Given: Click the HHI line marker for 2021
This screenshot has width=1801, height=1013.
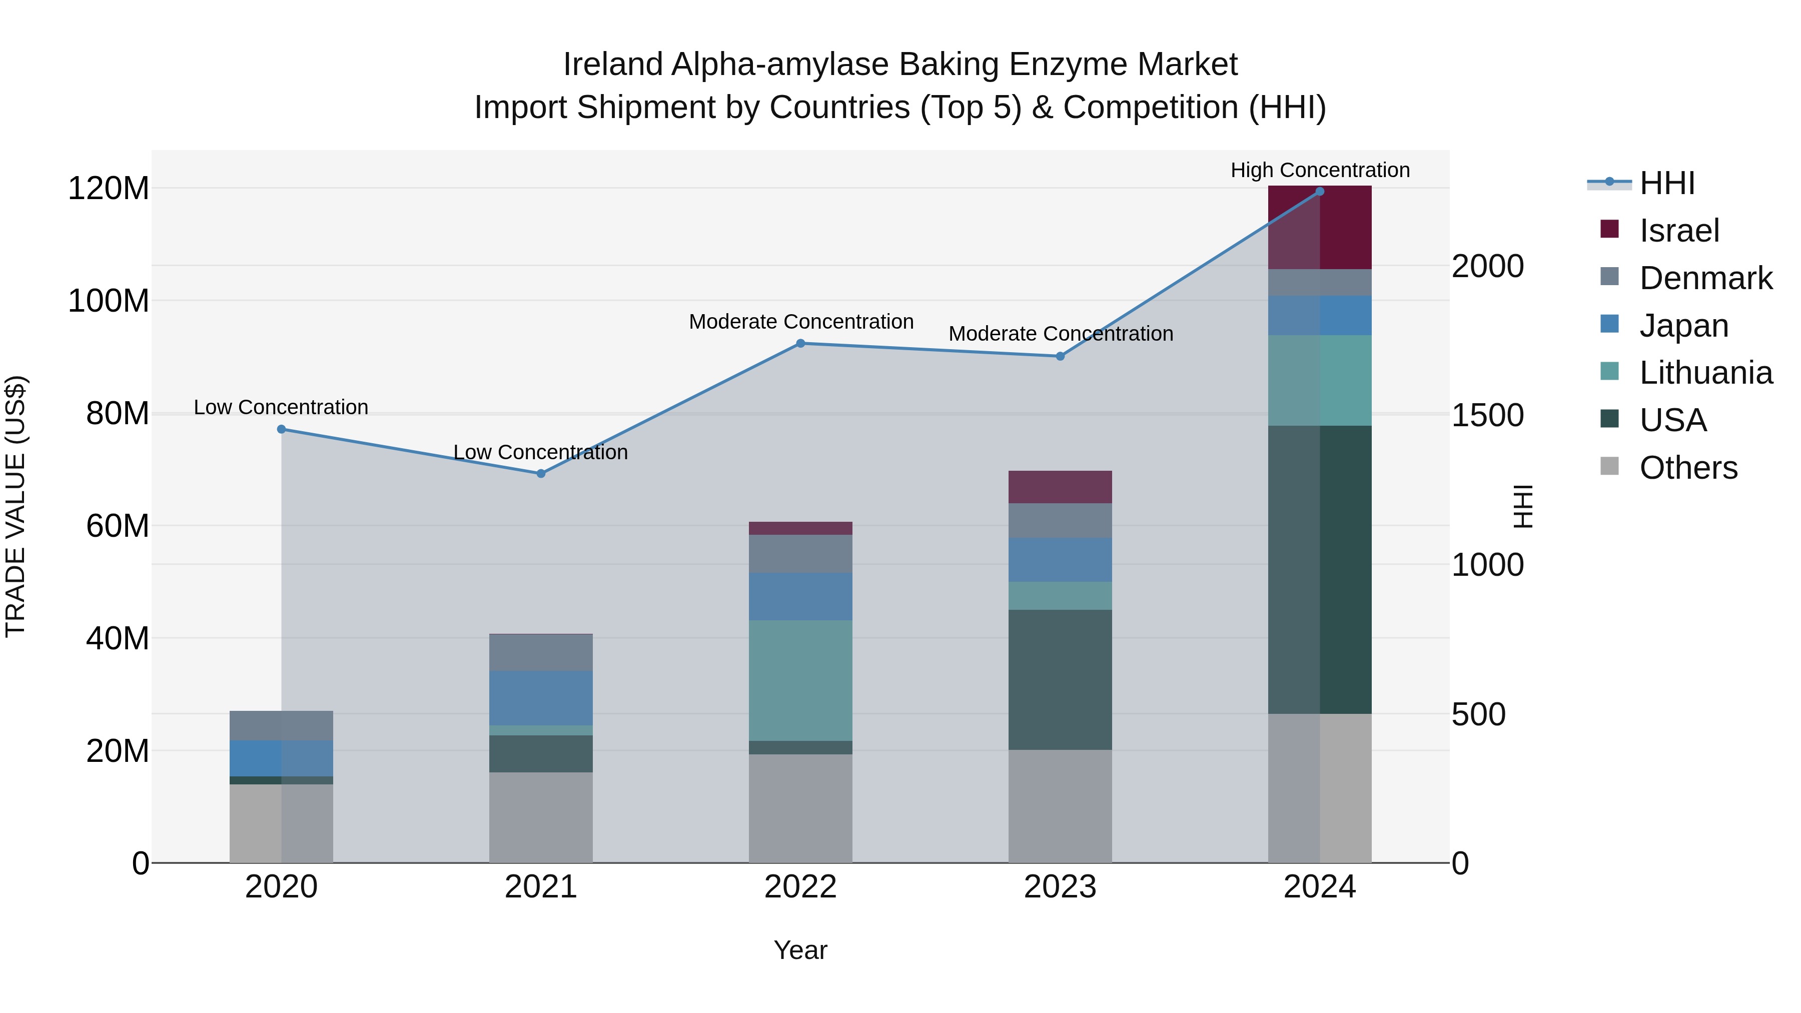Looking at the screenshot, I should [540, 473].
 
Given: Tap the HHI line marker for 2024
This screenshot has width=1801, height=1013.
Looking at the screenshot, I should [1319, 192].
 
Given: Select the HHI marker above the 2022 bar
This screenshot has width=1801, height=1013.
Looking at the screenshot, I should [800, 343].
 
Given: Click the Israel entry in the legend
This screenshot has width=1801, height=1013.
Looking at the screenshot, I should [1678, 231].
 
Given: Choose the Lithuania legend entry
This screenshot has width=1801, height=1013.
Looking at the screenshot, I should [1704, 373].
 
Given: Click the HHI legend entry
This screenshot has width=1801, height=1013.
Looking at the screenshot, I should [1666, 183].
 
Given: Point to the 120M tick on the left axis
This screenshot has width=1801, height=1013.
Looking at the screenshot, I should [109, 189].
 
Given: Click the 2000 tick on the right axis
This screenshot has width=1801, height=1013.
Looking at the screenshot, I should [1487, 266].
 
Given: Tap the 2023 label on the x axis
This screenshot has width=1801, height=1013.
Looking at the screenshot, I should [1060, 887].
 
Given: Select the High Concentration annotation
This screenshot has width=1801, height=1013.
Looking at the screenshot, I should [1319, 170].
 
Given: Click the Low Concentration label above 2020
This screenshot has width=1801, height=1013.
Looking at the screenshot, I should [281, 407].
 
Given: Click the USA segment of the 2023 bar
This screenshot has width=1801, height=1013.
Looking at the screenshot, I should [1060, 679].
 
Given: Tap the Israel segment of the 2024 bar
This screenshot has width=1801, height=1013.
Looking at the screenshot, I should [1319, 227].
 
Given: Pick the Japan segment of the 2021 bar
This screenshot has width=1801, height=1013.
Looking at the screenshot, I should [540, 698].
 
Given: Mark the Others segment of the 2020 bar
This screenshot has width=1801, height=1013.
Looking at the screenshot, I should [281, 823].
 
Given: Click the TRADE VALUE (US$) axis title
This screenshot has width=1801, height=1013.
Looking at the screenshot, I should [16, 506].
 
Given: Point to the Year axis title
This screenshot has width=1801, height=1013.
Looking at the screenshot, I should [800, 950].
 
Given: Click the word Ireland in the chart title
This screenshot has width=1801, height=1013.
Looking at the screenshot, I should [612, 65].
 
